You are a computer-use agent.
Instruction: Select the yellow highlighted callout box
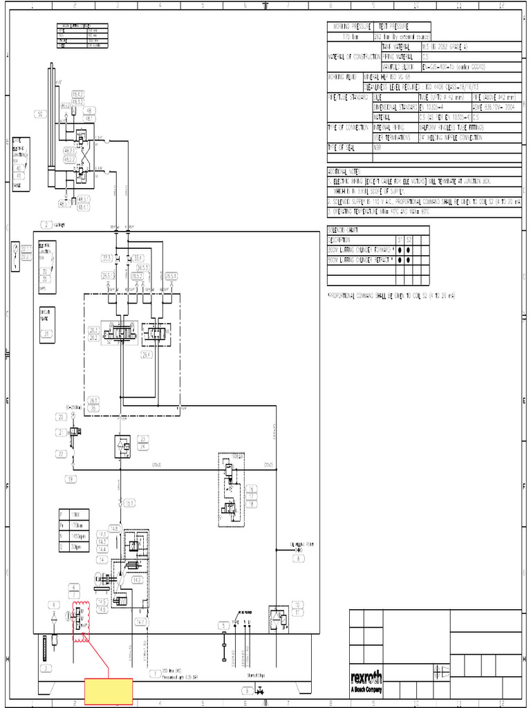click(x=109, y=692)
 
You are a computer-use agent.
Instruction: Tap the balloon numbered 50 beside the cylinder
click(x=40, y=114)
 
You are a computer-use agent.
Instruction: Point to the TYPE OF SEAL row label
click(x=348, y=147)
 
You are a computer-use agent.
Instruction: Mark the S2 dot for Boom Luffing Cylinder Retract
click(x=409, y=260)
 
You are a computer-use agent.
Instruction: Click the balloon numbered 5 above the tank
click(x=223, y=626)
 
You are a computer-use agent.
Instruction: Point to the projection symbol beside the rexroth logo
click(x=440, y=669)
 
